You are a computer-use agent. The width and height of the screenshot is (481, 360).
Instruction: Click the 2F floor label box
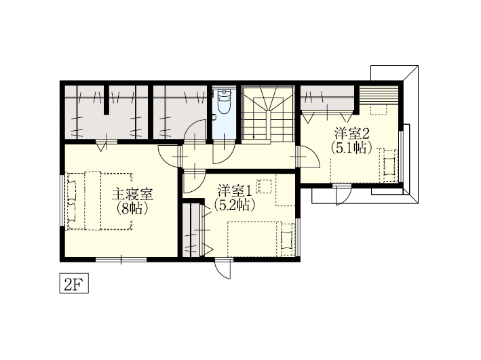click(74, 283)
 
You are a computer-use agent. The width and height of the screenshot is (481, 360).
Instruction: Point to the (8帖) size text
click(132, 209)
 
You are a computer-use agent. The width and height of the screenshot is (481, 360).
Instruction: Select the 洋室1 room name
click(235, 191)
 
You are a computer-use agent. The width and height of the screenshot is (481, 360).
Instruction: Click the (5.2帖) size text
click(235, 205)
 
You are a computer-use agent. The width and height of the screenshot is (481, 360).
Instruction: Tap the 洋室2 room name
click(351, 134)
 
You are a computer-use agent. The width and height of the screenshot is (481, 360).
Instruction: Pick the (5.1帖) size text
click(351, 148)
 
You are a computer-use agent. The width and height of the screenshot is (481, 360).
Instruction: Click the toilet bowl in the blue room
click(224, 101)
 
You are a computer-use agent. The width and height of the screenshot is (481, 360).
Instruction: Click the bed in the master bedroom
click(99, 201)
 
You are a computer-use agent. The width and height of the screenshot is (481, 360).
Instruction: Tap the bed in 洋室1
click(261, 239)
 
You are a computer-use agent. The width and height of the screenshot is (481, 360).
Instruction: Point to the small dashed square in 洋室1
click(264, 186)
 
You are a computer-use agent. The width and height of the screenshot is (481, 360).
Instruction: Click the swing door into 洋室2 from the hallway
click(308, 157)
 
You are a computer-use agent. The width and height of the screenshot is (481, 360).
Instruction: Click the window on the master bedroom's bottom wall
click(121, 260)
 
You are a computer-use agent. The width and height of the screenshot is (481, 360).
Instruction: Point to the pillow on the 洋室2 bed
click(389, 166)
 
